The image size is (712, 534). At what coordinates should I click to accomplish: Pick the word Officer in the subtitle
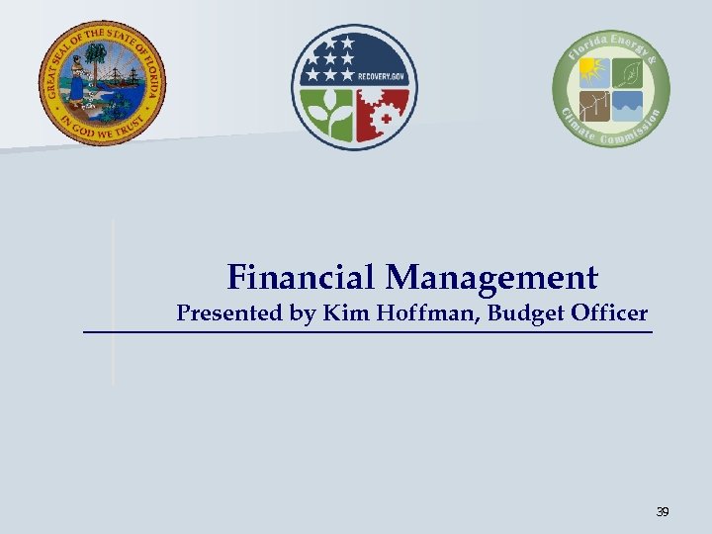coord(610,314)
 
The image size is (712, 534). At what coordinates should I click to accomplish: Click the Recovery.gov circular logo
coord(354,86)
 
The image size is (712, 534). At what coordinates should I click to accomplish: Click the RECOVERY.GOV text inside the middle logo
coord(383,73)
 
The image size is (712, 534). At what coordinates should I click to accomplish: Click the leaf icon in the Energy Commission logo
coord(627,71)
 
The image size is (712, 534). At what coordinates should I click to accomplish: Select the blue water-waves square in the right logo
coord(627,105)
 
